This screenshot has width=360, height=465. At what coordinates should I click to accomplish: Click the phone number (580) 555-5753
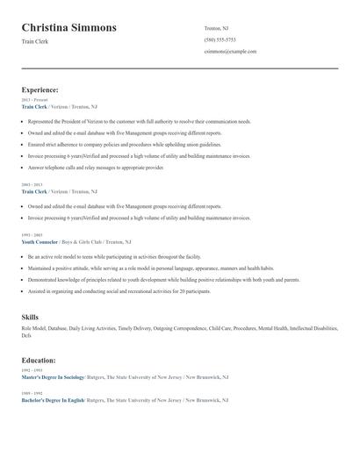tap(220, 39)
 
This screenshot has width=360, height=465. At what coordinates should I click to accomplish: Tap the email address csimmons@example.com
tap(230, 51)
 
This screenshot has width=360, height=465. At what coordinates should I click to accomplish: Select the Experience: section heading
tap(40, 89)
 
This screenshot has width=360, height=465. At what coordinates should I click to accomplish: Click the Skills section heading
tap(30, 317)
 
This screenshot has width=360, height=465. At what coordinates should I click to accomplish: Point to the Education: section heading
tap(39, 360)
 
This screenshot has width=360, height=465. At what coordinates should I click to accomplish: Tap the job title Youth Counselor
tap(40, 241)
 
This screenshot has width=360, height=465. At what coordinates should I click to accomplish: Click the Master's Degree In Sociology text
tap(53, 376)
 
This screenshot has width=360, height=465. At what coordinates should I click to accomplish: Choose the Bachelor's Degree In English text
tap(53, 400)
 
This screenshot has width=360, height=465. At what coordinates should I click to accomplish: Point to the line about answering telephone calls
tap(96, 167)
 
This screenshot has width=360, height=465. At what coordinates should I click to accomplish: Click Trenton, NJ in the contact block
tap(218, 28)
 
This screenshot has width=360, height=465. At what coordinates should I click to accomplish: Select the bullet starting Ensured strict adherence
tap(125, 144)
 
